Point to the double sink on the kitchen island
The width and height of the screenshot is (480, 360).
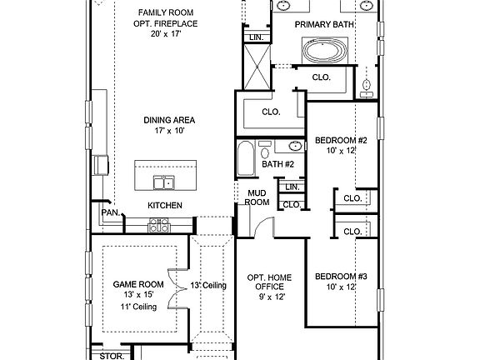pyautogui.click(x=163, y=183)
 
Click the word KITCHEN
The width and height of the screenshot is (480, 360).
pyautogui.click(x=165, y=205)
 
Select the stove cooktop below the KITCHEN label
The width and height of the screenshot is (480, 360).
pyautogui.click(x=158, y=224)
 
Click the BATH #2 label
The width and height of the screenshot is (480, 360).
pyautogui.click(x=278, y=164)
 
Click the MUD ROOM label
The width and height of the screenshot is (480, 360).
pyautogui.click(x=257, y=197)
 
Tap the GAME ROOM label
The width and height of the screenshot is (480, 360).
pyautogui.click(x=137, y=284)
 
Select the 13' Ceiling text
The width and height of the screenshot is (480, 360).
pyautogui.click(x=208, y=286)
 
